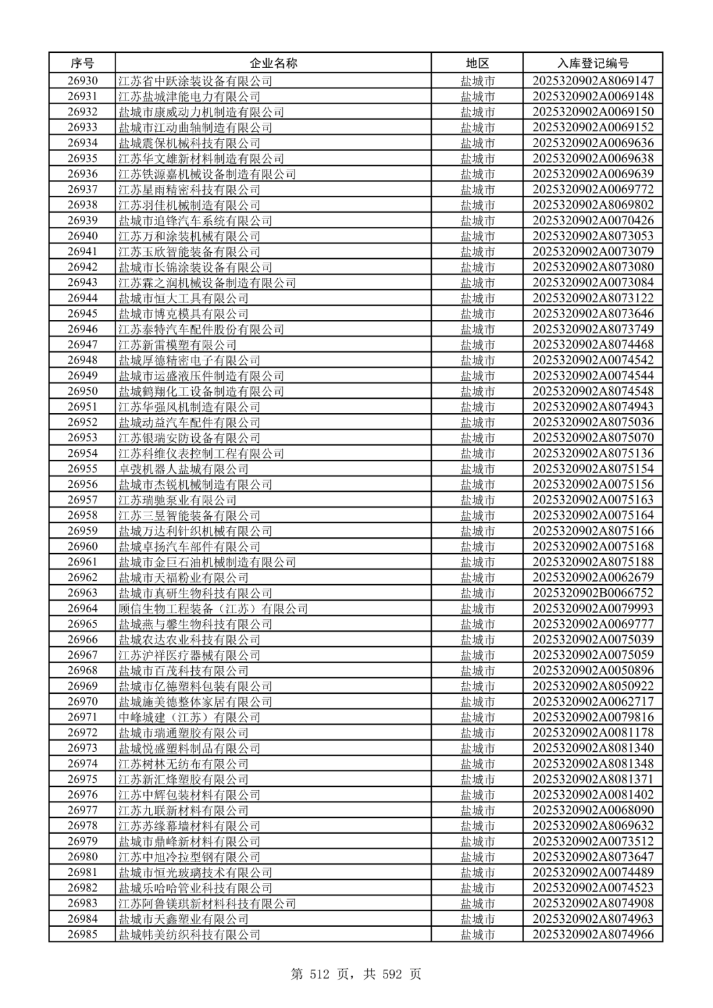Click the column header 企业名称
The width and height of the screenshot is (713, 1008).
tap(273, 63)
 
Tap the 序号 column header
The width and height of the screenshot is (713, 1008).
tap(82, 63)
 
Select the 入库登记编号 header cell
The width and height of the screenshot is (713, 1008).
tap(592, 63)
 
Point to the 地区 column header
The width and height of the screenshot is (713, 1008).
tap(477, 63)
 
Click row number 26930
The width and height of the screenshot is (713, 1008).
tap(82, 81)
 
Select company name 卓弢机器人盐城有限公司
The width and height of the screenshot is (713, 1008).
tap(183, 469)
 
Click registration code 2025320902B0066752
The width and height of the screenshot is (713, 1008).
tap(592, 593)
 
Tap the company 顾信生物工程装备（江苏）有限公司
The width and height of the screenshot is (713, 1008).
tap(213, 609)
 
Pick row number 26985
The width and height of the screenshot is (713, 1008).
tap(82, 935)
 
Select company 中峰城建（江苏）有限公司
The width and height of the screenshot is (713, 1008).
tap(189, 718)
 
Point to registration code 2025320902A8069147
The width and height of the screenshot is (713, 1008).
tap(592, 81)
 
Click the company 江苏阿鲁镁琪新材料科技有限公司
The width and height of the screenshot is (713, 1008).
tap(207, 904)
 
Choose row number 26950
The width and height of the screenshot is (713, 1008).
tap(82, 391)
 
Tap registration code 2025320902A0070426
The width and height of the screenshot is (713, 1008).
tap(592, 220)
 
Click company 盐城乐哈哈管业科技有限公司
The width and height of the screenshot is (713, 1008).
tap(195, 888)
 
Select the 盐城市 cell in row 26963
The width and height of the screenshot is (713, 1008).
tap(477, 593)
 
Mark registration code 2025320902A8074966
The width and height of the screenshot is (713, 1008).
tap(592, 935)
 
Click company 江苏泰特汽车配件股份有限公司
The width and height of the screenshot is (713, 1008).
tap(201, 329)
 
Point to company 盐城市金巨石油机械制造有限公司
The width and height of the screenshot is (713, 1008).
tap(207, 562)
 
